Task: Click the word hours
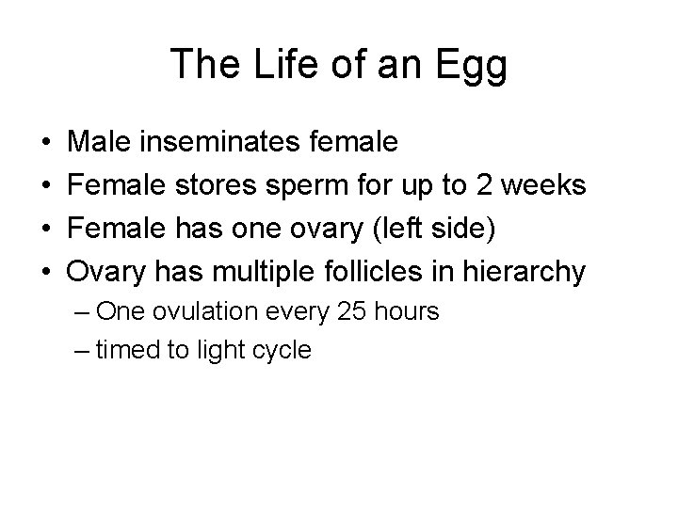[403, 311]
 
